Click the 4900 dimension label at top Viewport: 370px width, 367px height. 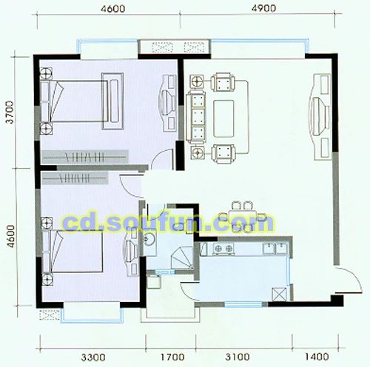click(263, 9)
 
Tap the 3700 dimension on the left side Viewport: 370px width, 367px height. click(10, 112)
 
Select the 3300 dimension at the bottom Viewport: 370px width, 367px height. click(93, 357)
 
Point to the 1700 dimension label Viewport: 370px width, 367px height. click(172, 357)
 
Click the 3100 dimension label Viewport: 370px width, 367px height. click(238, 357)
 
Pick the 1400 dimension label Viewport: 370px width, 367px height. click(317, 357)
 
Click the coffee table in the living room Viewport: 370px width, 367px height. click(223, 118)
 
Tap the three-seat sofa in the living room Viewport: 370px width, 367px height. click(196, 116)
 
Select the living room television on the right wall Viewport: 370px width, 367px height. click(320, 116)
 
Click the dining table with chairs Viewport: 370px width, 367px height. click(243, 217)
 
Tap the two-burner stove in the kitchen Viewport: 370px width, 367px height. click(223, 248)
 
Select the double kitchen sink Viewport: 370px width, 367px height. click(275, 248)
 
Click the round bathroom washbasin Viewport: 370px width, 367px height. click(147, 239)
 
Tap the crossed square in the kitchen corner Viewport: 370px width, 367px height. click(279, 294)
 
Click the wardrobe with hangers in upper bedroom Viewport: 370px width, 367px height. click(85, 157)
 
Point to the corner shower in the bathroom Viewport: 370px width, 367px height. click(182, 258)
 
